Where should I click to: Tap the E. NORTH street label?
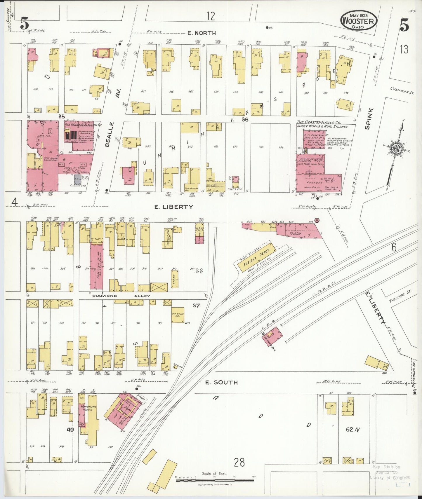pos(202,33)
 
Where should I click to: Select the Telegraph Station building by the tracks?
pos(272,336)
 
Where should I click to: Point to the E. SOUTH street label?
pos(221,382)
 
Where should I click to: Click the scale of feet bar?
pos(215,479)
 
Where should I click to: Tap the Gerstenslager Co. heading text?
pos(319,122)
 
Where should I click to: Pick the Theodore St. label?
pos(400,296)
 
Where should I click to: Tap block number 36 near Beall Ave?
pos(245,119)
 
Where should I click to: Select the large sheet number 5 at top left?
pos(25,23)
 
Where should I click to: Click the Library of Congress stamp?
pos(390,477)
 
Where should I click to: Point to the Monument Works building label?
pos(88,409)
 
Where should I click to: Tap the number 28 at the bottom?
pos(239,462)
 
